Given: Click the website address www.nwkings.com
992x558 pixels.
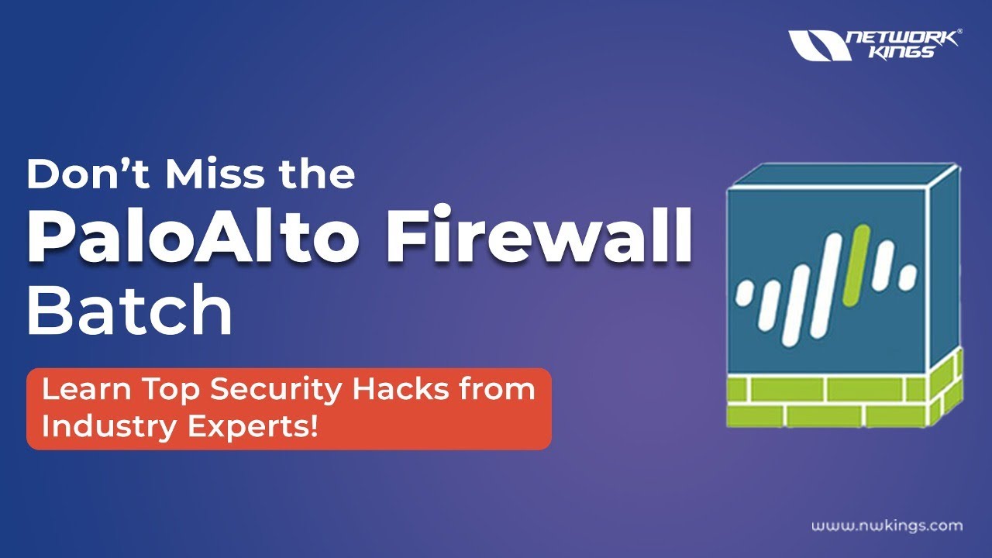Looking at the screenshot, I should (887, 526).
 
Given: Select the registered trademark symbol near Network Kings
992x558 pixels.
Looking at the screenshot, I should (959, 33).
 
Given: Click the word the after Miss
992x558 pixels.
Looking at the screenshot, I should (315, 174).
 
